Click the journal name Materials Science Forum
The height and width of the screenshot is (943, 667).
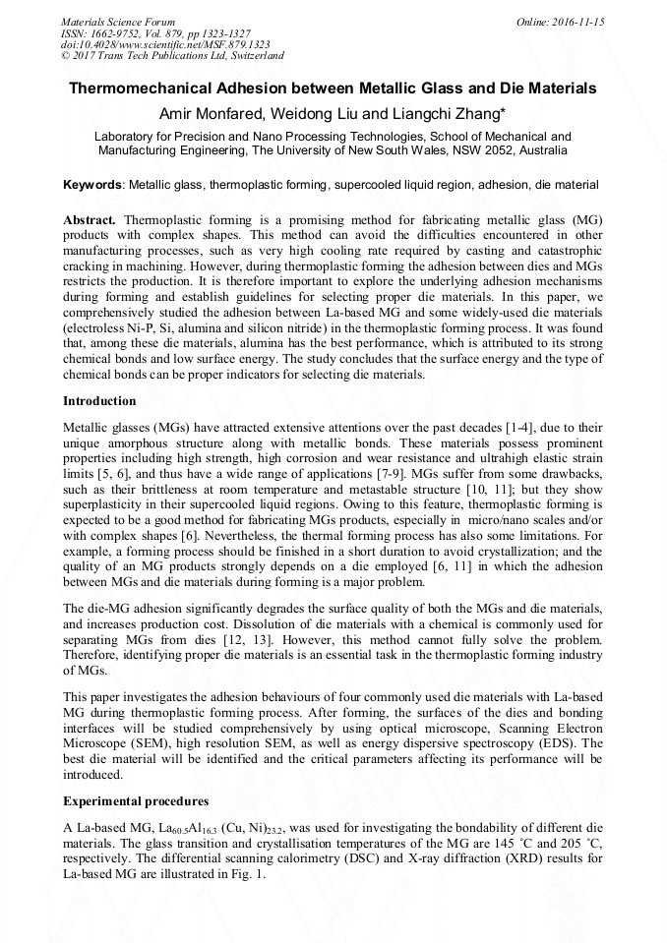[118, 22]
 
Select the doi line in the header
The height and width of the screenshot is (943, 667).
[152, 45]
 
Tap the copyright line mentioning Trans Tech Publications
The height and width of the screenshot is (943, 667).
[173, 57]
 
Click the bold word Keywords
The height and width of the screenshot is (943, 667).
[92, 184]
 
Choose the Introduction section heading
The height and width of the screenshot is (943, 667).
[99, 401]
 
